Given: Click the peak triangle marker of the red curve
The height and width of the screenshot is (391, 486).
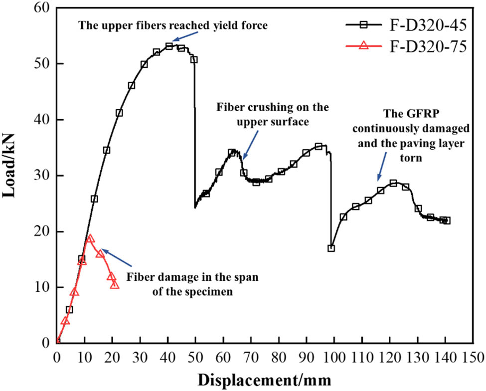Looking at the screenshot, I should [90, 238].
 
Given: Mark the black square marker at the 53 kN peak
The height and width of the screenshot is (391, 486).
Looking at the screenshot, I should [169, 46].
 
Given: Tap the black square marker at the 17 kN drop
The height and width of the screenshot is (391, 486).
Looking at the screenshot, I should [331, 248].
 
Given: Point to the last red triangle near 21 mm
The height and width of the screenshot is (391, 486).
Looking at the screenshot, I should [115, 284].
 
